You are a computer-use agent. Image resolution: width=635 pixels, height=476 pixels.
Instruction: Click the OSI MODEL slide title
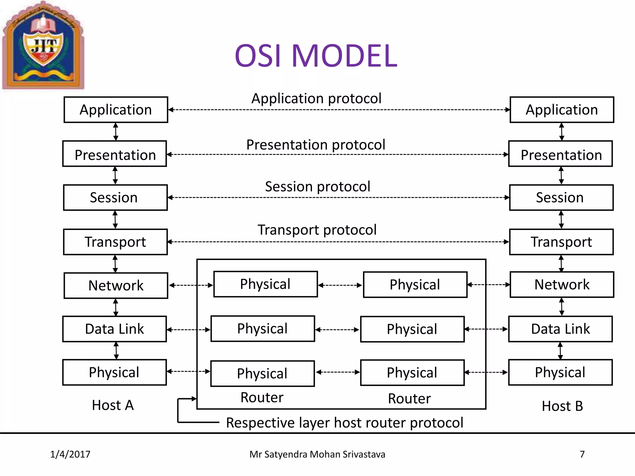(316, 56)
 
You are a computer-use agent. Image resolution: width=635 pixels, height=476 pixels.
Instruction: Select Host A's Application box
(116, 110)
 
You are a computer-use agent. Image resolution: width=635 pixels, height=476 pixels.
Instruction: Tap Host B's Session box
(561, 197)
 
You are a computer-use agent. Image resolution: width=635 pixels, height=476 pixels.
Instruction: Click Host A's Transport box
(115, 242)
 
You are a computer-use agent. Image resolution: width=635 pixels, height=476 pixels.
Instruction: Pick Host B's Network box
(562, 284)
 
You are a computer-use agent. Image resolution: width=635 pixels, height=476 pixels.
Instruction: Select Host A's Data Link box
(114, 329)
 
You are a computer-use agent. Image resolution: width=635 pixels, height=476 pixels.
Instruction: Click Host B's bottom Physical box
(560, 372)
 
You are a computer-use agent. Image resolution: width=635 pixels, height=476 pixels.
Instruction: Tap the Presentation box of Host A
(115, 154)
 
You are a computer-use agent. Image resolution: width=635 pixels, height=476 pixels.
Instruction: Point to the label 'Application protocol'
(316, 99)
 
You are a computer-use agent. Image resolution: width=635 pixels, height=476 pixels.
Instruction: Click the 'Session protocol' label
(317, 187)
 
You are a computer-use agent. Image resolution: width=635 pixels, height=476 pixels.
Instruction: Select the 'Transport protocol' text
(317, 230)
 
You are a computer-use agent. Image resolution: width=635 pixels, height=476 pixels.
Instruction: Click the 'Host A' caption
(113, 405)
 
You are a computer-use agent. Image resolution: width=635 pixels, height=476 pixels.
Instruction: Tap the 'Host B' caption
(562, 406)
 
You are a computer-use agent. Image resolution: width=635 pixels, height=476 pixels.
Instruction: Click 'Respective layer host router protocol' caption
(344, 423)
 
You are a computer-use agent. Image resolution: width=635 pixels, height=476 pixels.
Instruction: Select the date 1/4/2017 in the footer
(70, 454)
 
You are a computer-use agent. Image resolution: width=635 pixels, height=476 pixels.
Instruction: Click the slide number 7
(582, 454)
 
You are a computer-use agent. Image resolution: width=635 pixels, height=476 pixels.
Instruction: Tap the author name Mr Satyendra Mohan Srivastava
(317, 454)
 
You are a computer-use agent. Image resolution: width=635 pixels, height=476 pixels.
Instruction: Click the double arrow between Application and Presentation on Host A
(116, 132)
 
